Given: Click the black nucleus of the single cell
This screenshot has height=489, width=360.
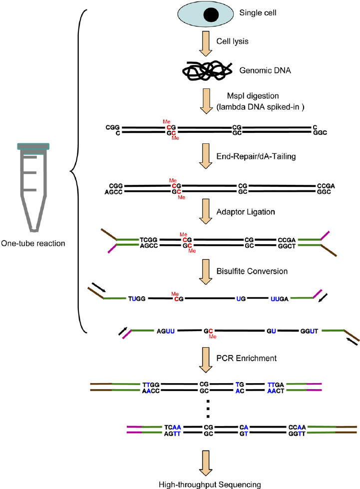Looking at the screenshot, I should tap(207, 18).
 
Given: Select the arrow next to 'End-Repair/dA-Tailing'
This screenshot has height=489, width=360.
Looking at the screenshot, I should tap(207, 156).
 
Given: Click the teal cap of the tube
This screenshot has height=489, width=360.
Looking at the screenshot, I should tap(33, 146).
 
